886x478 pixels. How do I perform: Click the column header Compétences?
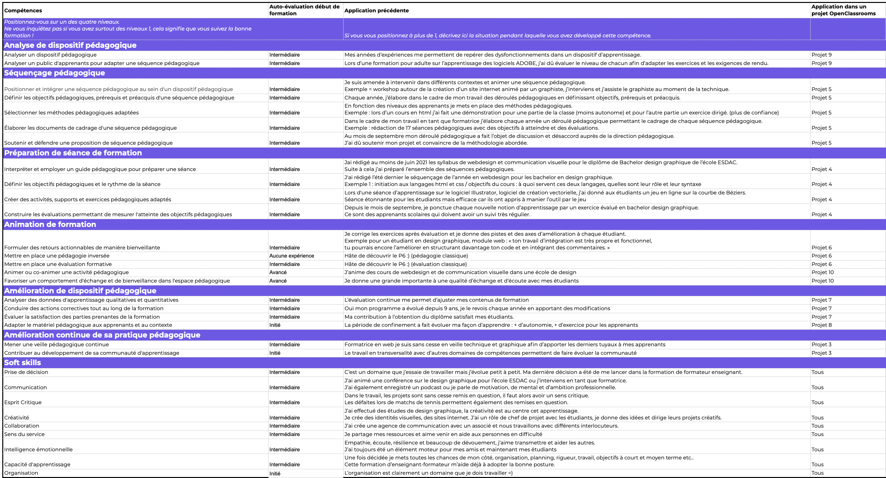pyautogui.click(x=23, y=11)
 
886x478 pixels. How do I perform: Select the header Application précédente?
pyautogui.click(x=376, y=11)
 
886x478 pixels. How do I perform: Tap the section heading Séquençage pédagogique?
pyautogui.click(x=54, y=73)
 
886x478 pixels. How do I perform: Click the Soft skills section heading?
pyautogui.click(x=22, y=363)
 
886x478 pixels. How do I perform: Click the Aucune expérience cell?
pyautogui.click(x=291, y=256)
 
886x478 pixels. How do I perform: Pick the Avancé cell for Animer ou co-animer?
pyautogui.click(x=278, y=272)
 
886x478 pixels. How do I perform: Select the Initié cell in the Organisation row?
pyautogui.click(x=275, y=473)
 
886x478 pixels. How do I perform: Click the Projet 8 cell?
pyautogui.click(x=821, y=325)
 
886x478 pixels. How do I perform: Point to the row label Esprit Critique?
pyautogui.click(x=23, y=403)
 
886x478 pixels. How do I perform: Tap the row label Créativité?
pyautogui.click(x=17, y=418)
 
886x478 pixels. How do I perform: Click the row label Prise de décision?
pyautogui.click(x=26, y=372)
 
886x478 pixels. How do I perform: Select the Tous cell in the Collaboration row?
pyautogui.click(x=817, y=426)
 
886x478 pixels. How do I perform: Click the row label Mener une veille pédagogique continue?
pyautogui.click(x=57, y=345)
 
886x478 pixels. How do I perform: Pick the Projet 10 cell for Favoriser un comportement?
pyautogui.click(x=822, y=281)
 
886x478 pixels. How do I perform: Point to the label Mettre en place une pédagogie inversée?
pyautogui.click(x=57, y=256)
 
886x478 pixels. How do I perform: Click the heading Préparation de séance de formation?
pyautogui.click(x=73, y=153)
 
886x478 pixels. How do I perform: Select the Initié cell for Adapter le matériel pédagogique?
pyautogui.click(x=275, y=325)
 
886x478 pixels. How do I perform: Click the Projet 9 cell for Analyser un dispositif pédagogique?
pyautogui.click(x=821, y=55)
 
